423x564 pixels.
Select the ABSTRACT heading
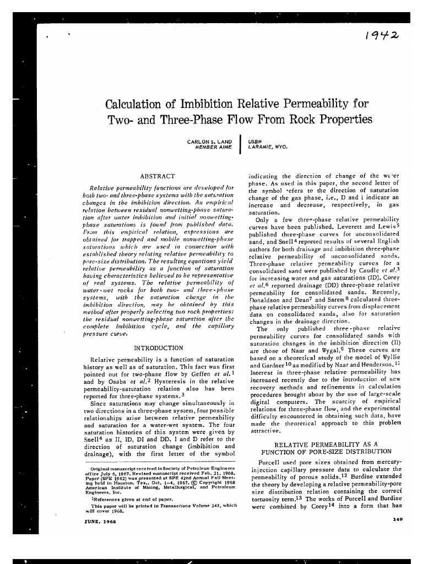pos(158,176)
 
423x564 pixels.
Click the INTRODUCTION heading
pos(159,348)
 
